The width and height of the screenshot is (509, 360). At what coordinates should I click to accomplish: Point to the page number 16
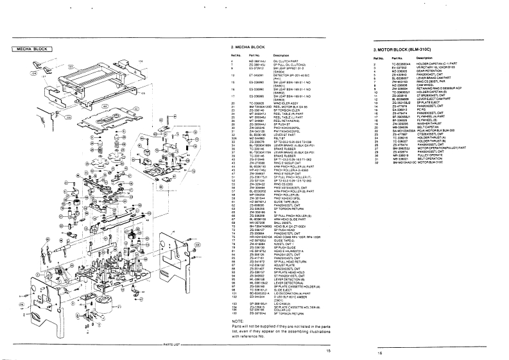[379, 352]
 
